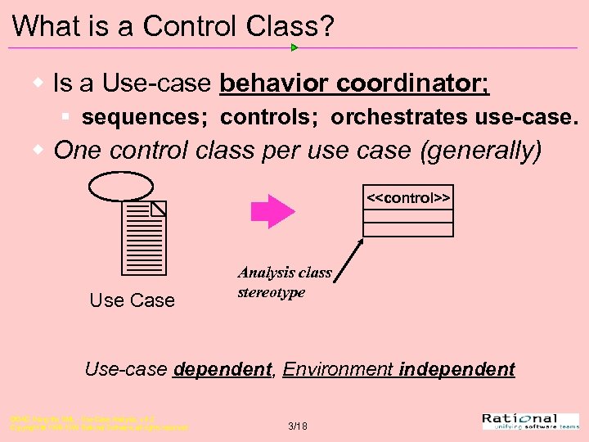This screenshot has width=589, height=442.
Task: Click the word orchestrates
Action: point(398,117)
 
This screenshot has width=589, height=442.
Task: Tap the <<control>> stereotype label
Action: point(408,199)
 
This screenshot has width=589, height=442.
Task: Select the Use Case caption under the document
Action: point(132,300)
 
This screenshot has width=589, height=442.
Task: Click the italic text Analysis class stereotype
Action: point(284,282)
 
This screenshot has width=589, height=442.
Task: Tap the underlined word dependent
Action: point(222,369)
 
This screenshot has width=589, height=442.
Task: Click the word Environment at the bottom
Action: point(338,369)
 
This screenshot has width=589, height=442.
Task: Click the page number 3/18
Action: point(297,426)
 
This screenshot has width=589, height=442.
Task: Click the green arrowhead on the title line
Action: point(294,47)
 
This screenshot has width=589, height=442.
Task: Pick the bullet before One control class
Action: point(38,151)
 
